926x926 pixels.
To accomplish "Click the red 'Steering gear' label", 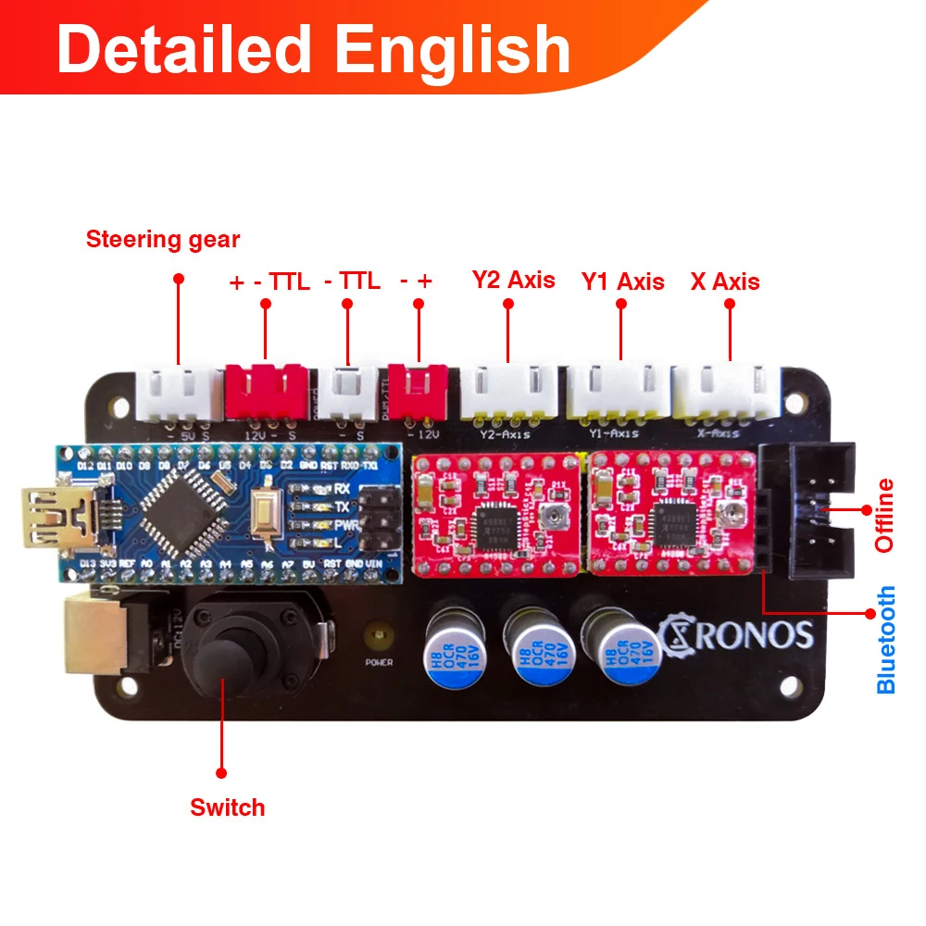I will [163, 240].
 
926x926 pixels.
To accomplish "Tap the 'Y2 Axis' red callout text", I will [513, 280].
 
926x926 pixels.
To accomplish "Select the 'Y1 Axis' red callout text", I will [622, 281].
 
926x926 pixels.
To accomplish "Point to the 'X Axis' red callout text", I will [725, 282].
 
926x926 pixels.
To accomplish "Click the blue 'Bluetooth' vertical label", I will [886, 639].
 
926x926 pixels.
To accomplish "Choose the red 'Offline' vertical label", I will [885, 515].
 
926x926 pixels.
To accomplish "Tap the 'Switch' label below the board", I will [228, 807].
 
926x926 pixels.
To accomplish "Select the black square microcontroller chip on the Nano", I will [173, 509].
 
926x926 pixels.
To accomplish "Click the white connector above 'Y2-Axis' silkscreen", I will [508, 389].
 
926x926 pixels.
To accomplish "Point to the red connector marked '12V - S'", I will [266, 390].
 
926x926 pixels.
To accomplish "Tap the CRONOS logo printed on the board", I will [737, 634].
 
